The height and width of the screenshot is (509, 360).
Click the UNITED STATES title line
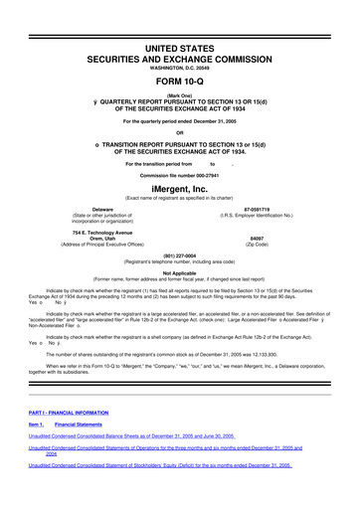179,48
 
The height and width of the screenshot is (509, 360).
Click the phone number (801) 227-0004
179,253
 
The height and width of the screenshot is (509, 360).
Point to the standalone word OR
179,132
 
